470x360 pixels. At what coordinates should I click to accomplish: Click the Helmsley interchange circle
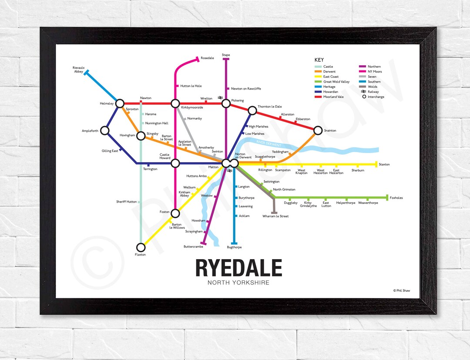pos(120,103)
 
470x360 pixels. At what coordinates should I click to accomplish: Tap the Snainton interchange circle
pos(318,130)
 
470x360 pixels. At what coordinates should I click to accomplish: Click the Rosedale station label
pos(207,58)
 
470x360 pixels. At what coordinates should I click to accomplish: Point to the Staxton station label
pos(384,164)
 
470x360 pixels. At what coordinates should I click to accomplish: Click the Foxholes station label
pos(396,198)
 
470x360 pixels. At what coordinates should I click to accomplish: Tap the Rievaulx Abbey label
pos(78,70)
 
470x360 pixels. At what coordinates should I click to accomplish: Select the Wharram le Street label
pos(275,216)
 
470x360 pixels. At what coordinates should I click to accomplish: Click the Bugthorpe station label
pos(234,247)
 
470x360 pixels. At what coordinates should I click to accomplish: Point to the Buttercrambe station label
pos(193,247)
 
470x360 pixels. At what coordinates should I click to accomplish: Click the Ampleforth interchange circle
pos(104,130)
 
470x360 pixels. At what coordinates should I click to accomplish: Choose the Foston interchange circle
pos(175,213)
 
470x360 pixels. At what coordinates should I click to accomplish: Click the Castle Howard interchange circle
pos(175,163)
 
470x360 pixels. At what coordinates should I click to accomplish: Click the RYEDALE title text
pos(238,268)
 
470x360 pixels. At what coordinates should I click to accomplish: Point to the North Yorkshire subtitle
pos(238,283)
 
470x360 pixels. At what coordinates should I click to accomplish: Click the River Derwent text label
pos(269,144)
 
